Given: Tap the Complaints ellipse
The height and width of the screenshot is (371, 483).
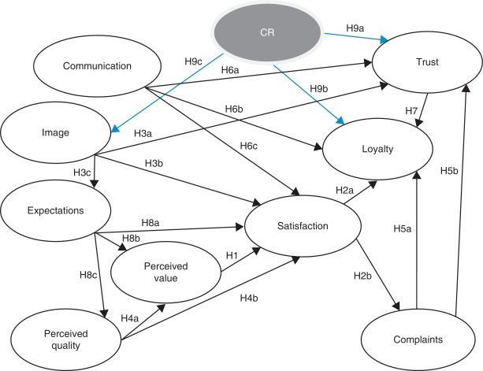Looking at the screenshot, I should click(x=419, y=338).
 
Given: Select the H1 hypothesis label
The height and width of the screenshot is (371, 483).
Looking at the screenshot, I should click(x=231, y=255).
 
